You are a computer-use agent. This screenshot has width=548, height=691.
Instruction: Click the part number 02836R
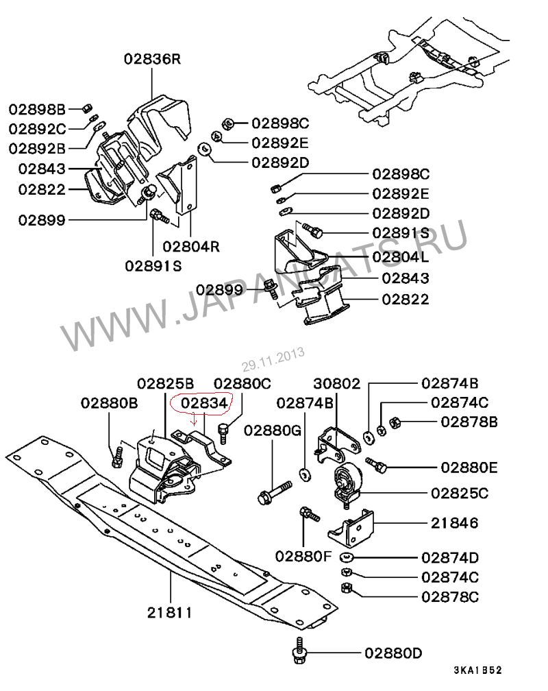click(152, 59)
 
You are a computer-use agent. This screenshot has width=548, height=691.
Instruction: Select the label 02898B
click(37, 109)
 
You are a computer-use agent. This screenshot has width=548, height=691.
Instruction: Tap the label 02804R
click(190, 246)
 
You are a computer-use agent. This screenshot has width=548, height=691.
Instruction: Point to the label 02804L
click(401, 256)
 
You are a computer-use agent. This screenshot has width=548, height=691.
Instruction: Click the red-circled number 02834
click(204, 403)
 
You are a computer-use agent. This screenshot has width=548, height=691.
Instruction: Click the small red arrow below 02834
click(193, 419)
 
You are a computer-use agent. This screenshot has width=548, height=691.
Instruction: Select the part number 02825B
click(165, 383)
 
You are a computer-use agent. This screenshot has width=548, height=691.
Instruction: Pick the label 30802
click(336, 383)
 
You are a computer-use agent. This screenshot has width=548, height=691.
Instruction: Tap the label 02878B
click(469, 422)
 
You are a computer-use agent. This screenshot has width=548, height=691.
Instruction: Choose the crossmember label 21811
click(170, 613)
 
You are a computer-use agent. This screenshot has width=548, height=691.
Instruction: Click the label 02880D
click(393, 653)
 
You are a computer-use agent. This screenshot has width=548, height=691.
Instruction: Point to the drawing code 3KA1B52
click(478, 670)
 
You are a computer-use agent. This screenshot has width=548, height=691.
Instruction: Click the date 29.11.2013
click(273, 359)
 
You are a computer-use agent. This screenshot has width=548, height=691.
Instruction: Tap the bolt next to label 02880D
click(299, 650)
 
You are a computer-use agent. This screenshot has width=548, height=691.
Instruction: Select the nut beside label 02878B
click(395, 423)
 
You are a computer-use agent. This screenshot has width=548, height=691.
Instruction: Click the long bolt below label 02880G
click(275, 493)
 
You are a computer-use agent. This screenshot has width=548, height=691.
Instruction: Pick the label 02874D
click(450, 557)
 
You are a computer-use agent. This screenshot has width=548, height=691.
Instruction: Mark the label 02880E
click(469, 467)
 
